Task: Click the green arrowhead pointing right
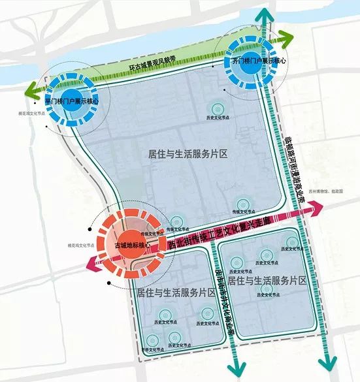[288, 37]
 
